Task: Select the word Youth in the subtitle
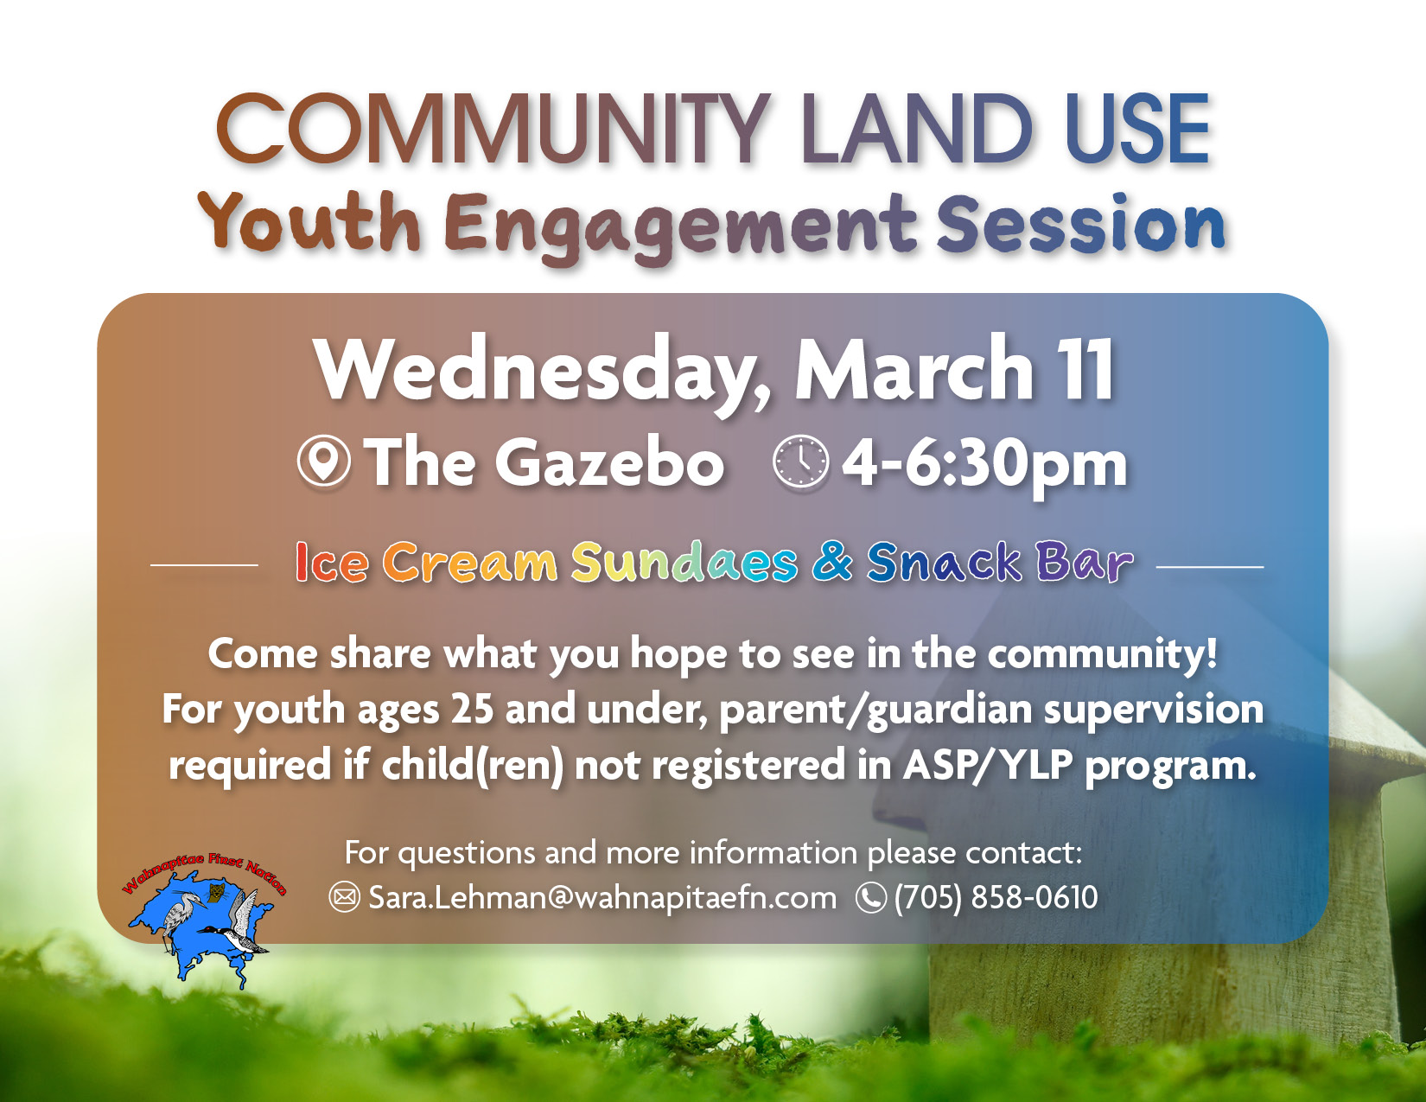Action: point(309,223)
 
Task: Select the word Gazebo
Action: point(609,462)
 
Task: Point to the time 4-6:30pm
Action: point(984,464)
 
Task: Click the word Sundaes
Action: point(684,563)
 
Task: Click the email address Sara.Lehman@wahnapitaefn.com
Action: point(602,897)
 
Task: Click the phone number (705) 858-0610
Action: point(996,897)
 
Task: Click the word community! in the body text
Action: point(1102,654)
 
